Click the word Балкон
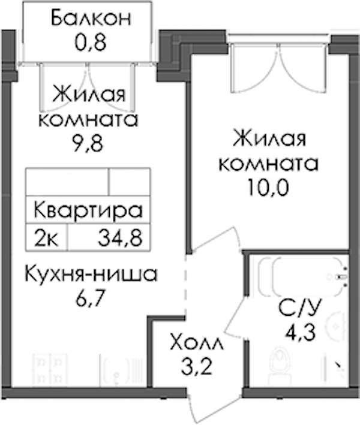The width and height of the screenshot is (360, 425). click(x=91, y=18)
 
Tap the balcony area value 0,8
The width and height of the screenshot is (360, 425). click(x=91, y=43)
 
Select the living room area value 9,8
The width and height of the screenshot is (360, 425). click(x=88, y=143)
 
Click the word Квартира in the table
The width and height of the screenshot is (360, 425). click(x=88, y=210)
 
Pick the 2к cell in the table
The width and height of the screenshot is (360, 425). click(x=46, y=238)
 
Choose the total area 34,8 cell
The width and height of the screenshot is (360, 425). click(x=120, y=238)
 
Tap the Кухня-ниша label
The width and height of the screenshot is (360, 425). click(x=91, y=274)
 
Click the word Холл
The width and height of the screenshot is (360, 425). click(x=197, y=342)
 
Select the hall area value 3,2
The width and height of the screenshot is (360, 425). click(x=196, y=366)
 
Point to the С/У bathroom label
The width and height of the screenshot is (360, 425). click(x=300, y=308)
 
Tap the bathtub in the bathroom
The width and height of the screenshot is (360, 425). click(x=303, y=277)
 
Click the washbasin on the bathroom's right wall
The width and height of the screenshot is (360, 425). click(x=338, y=325)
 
